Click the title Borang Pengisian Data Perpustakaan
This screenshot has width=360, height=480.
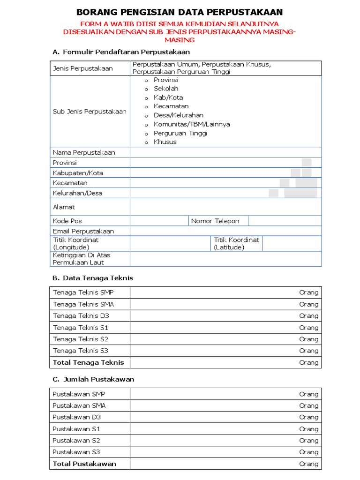click(x=180, y=12)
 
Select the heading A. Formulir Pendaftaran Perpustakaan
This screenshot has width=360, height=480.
click(x=121, y=52)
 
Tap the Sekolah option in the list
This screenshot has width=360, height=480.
click(x=166, y=89)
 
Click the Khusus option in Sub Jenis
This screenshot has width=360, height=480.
click(x=165, y=142)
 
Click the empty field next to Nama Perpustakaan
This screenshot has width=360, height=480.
click(x=225, y=152)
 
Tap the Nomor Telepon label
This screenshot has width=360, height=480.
click(x=215, y=221)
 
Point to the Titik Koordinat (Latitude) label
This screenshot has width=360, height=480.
click(x=236, y=243)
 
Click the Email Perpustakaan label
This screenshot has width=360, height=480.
click(x=83, y=231)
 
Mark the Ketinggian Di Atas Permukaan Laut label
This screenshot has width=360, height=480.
click(x=82, y=259)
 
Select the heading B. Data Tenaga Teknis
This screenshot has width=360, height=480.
click(x=92, y=278)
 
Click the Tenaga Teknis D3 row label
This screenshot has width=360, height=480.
click(x=81, y=316)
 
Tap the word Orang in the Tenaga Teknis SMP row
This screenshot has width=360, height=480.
click(x=308, y=292)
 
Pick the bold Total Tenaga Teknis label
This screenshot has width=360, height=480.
click(x=89, y=362)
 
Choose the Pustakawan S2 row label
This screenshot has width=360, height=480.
click(x=76, y=441)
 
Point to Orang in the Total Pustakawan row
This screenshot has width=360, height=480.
click(x=308, y=464)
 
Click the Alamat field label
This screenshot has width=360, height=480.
click(x=64, y=207)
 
